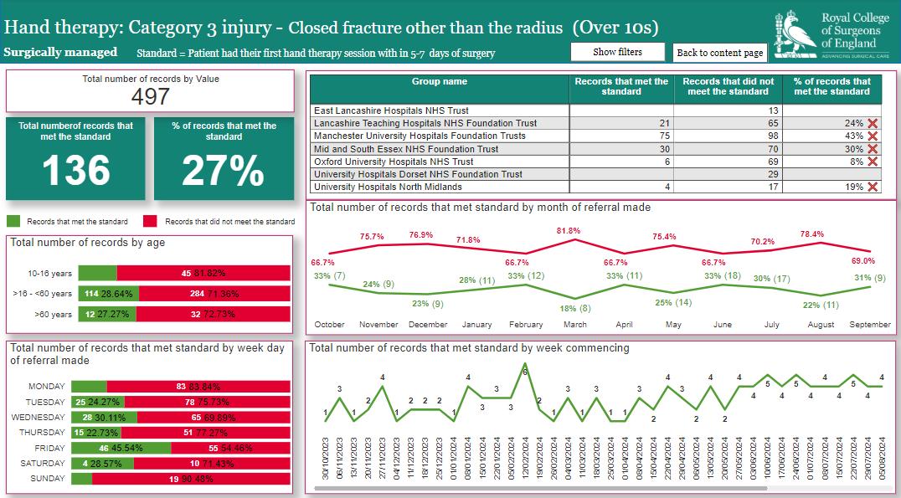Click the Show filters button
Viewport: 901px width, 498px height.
tap(617, 52)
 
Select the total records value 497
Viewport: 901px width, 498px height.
tap(151, 96)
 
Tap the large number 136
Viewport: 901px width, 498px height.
tap(75, 171)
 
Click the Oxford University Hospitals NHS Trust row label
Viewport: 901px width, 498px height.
tap(394, 162)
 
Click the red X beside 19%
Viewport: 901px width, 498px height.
tap(873, 187)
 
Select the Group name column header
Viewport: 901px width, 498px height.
tap(440, 82)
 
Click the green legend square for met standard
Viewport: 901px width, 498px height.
tap(13, 222)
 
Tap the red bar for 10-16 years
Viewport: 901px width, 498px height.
tap(203, 274)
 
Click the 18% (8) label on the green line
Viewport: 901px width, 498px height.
tap(574, 308)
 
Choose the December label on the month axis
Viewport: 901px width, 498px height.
tap(428, 325)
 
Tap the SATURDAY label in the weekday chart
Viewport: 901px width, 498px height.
tap(44, 464)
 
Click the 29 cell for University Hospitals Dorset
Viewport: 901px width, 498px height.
tap(773, 174)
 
